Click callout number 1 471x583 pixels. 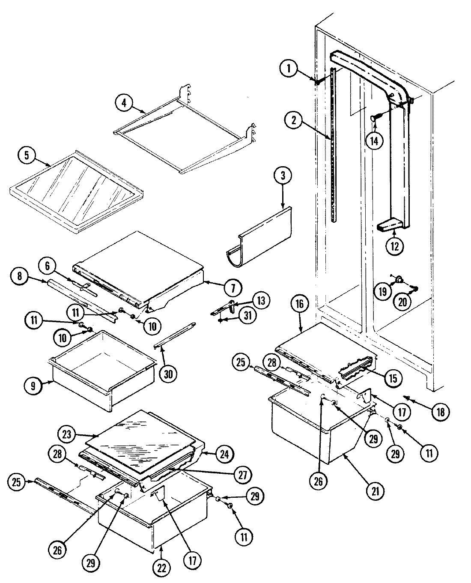tap(289, 69)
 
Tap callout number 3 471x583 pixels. tap(283, 176)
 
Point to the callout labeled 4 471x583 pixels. tap(124, 103)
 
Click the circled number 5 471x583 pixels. tap(27, 155)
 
